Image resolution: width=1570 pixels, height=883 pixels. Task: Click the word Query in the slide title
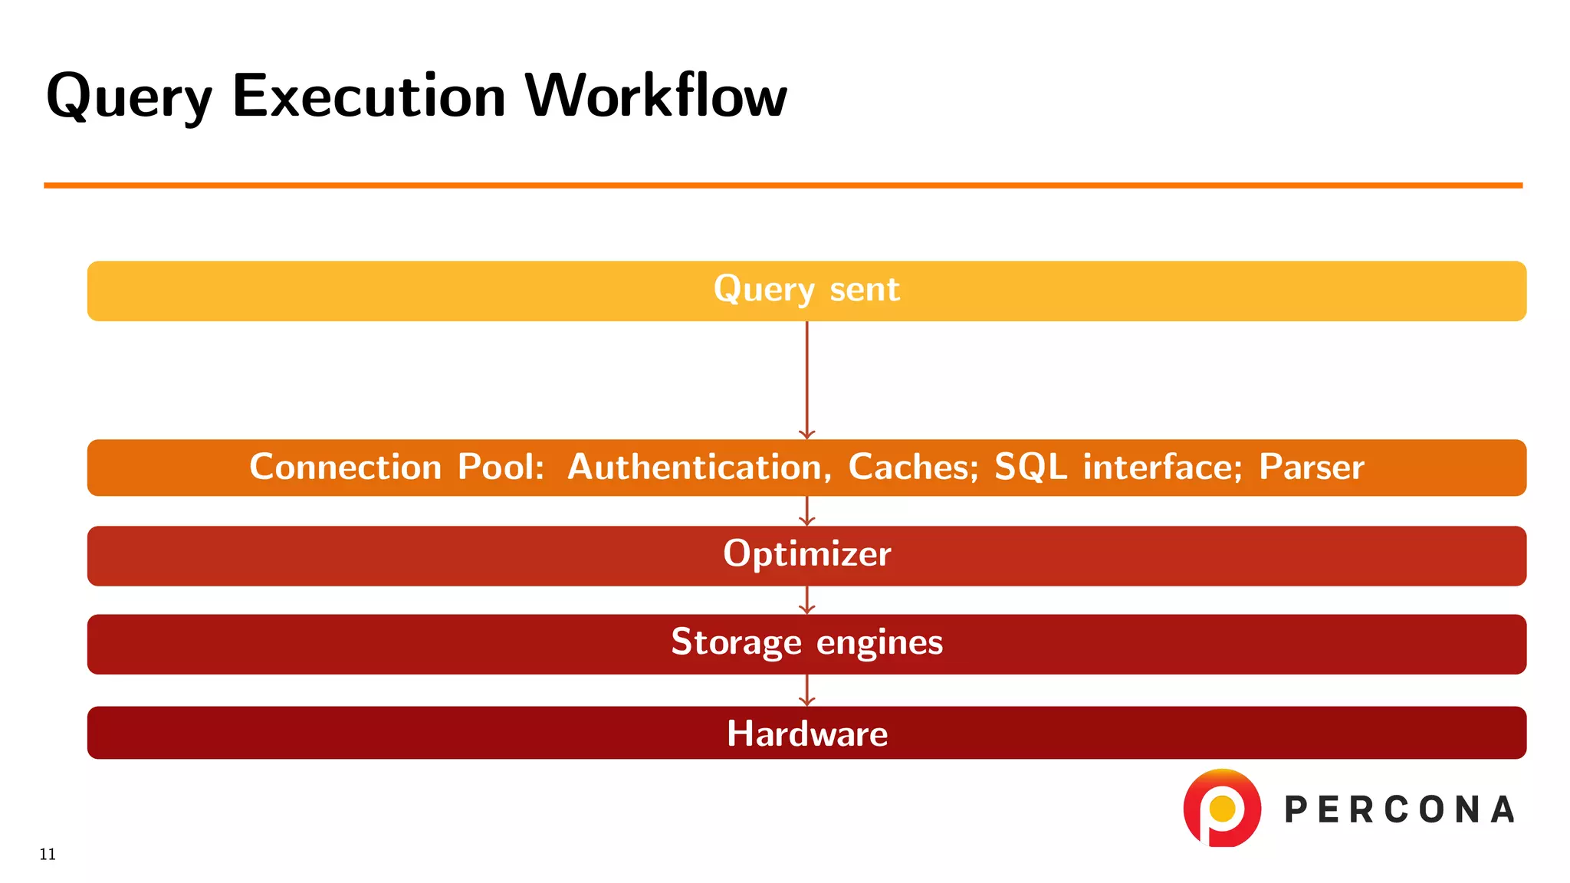point(128,97)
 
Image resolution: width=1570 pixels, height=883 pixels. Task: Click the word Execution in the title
point(369,97)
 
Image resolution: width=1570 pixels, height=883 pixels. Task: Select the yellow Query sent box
point(806,291)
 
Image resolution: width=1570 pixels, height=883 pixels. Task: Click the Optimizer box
point(806,555)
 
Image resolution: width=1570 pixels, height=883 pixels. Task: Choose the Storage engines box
point(806,643)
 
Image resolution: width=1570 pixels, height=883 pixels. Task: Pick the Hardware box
point(806,733)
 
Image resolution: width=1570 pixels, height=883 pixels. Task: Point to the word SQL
point(1030,467)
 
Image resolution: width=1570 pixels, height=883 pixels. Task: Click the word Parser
point(1311,467)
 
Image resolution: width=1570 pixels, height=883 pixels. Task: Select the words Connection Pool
point(396,467)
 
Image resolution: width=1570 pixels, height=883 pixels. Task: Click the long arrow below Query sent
point(806,379)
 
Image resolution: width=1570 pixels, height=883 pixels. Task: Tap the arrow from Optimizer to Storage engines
point(806,600)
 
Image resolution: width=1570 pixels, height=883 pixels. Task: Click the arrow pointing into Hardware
point(806,690)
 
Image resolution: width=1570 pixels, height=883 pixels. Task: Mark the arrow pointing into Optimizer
point(806,510)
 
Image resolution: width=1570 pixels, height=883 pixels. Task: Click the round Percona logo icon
point(1222,808)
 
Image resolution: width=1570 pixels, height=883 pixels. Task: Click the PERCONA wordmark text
point(1399,810)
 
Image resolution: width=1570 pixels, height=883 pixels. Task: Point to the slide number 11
point(48,855)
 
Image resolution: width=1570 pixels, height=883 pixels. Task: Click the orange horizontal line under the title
point(782,185)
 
